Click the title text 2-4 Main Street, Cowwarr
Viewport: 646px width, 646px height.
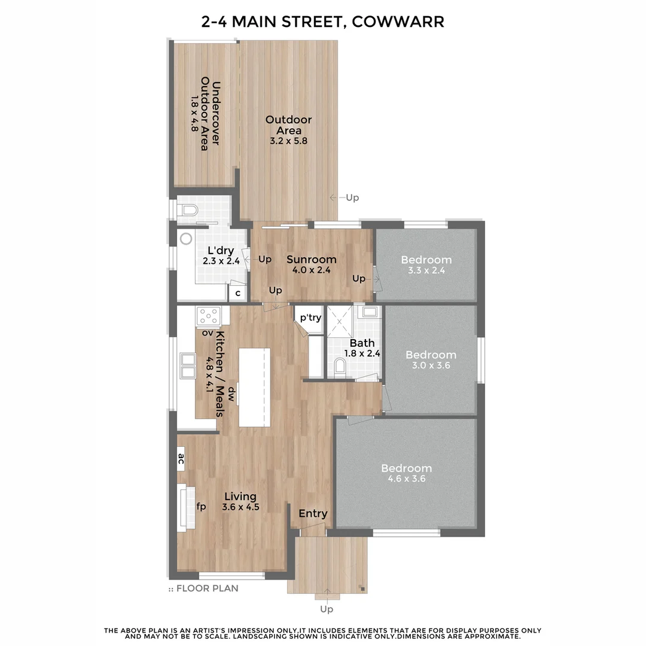click(x=323, y=22)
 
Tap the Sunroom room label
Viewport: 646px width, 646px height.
click(x=311, y=260)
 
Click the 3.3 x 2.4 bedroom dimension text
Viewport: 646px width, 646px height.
click(x=426, y=270)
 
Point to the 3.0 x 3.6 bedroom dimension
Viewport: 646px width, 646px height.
click(x=430, y=365)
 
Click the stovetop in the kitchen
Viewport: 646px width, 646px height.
click(x=209, y=315)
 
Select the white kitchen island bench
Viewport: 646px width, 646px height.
click(x=254, y=387)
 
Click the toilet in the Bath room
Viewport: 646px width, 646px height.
click(x=340, y=366)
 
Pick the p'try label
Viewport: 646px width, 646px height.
click(x=310, y=318)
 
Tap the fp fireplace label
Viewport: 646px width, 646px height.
click(x=202, y=507)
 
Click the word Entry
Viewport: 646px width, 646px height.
click(x=313, y=513)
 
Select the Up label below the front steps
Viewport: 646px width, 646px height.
click(x=327, y=609)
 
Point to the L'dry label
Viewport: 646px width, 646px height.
click(x=220, y=251)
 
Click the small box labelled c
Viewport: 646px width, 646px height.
click(x=237, y=293)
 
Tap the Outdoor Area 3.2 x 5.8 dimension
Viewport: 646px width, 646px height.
click(x=288, y=141)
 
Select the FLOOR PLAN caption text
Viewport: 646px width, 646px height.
click(x=207, y=589)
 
